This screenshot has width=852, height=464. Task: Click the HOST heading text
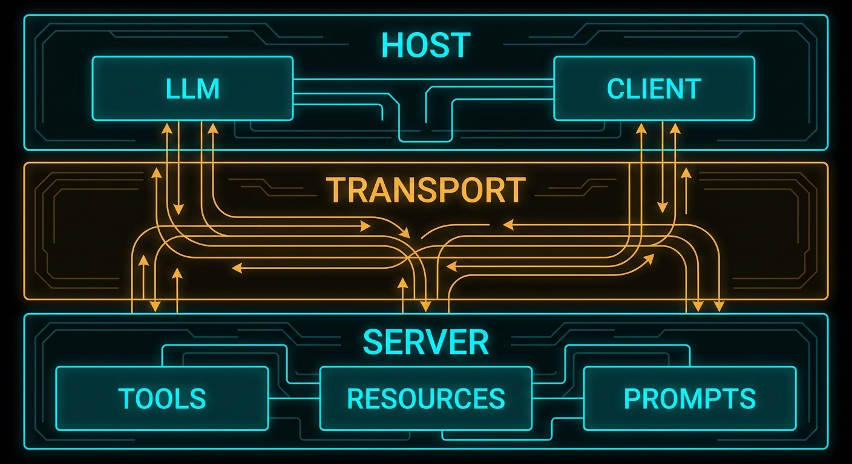click(425, 45)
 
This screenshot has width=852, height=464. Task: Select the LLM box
click(192, 88)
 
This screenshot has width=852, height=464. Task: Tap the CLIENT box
click(654, 88)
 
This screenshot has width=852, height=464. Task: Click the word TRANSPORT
click(425, 190)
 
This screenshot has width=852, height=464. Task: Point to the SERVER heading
click(425, 342)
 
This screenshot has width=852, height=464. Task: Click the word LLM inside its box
click(192, 89)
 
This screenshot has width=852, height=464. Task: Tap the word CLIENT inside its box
click(654, 89)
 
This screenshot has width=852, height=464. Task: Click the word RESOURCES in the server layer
click(425, 398)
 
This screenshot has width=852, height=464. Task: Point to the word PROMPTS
click(689, 398)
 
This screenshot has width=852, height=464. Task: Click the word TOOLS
click(162, 398)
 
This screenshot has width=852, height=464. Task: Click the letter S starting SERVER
click(372, 342)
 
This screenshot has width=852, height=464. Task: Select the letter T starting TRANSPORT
click(335, 190)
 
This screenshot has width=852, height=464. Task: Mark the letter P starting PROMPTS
click(632, 398)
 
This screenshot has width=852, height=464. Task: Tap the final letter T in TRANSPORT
click(515, 190)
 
